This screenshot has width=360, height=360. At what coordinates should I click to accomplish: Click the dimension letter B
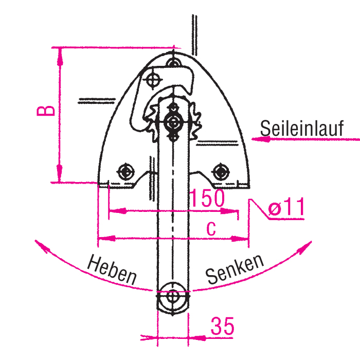(46, 111)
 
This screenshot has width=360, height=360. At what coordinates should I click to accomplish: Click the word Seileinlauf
(302, 129)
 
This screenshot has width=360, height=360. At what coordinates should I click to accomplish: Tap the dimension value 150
(207, 197)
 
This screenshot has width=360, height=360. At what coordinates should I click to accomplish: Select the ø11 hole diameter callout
(286, 207)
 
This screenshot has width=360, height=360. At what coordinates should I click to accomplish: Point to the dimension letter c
(211, 228)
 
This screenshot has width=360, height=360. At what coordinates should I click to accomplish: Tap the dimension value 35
(222, 326)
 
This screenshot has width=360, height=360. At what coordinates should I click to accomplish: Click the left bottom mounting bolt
(125, 172)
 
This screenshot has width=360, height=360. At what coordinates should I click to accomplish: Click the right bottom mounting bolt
(221, 172)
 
